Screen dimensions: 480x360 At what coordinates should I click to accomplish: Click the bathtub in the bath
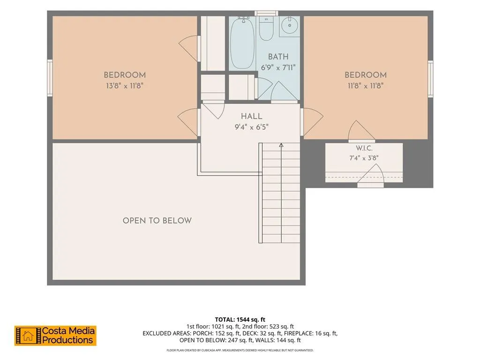242,43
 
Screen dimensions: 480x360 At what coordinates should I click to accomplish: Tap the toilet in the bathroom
266,28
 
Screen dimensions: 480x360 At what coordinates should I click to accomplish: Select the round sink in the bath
289,26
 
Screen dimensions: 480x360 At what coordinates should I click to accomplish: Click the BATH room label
278,57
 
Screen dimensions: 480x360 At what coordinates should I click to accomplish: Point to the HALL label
252,116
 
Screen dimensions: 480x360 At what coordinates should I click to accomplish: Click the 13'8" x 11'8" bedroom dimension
125,86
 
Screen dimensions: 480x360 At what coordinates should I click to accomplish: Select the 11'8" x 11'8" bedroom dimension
366,86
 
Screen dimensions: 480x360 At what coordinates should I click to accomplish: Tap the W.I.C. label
364,148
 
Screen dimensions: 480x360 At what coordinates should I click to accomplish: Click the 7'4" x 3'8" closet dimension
364,158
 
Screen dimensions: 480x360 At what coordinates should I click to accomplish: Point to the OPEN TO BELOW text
157,221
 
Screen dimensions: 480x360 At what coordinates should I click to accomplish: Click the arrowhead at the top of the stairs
281,145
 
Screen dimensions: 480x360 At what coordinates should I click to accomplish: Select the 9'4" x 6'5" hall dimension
252,127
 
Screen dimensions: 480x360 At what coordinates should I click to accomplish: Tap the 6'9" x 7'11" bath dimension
278,67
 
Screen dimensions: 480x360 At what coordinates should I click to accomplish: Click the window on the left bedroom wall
50,78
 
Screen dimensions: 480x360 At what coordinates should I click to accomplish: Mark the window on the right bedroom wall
430,79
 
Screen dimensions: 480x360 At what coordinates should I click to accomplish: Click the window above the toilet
266,13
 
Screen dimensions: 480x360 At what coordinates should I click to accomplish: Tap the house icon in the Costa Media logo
28,336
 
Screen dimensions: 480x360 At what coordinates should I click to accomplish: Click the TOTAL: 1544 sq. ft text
240,320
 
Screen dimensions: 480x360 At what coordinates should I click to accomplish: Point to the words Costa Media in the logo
68,331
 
